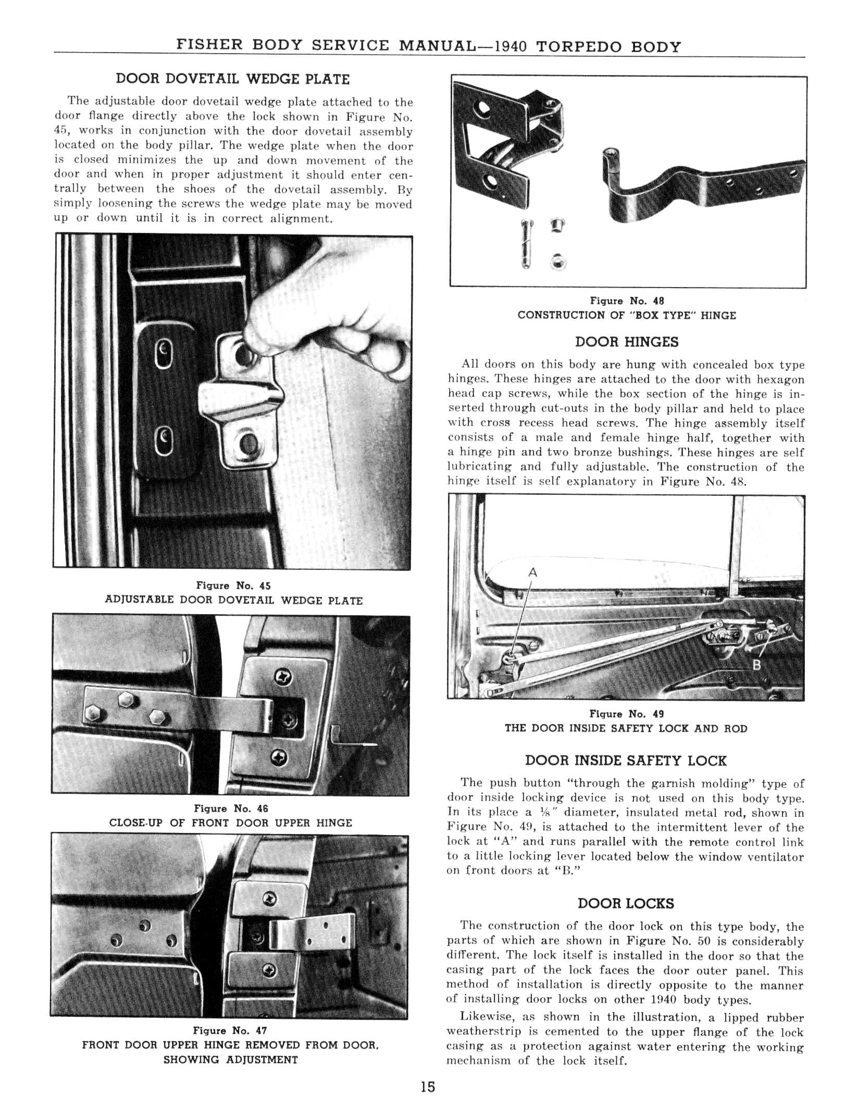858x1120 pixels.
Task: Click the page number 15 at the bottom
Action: tap(428, 1087)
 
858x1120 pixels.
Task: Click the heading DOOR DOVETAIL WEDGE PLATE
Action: tap(232, 79)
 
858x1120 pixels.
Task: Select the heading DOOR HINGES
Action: tap(627, 342)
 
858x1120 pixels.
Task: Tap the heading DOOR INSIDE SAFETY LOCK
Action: tap(626, 761)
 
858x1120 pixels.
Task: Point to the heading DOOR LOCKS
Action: tap(626, 903)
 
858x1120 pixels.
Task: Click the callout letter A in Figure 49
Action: tap(532, 572)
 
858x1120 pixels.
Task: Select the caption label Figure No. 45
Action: tap(233, 586)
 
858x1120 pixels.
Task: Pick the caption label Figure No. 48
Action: tap(627, 301)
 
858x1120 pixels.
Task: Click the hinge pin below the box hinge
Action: tap(526, 244)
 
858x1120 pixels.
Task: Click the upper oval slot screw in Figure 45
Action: tap(164, 355)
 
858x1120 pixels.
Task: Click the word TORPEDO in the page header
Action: tap(580, 46)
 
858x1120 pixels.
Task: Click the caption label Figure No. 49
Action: tap(626, 714)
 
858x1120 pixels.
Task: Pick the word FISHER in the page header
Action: tap(210, 45)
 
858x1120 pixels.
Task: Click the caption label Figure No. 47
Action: tap(230, 1030)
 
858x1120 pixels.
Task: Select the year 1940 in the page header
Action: tap(510, 47)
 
